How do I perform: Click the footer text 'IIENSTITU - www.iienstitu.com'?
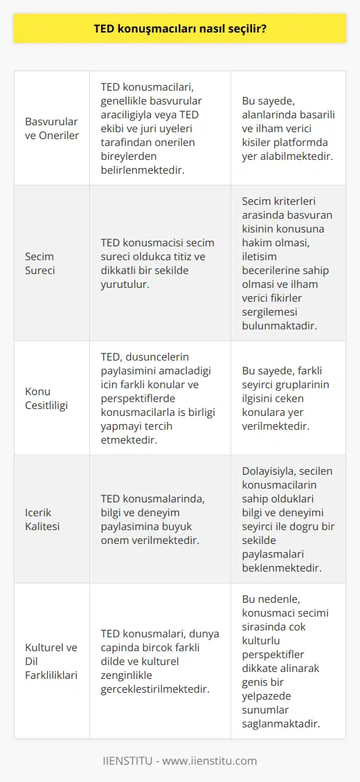click(180, 761)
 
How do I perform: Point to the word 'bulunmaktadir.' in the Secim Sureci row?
click(280, 326)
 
